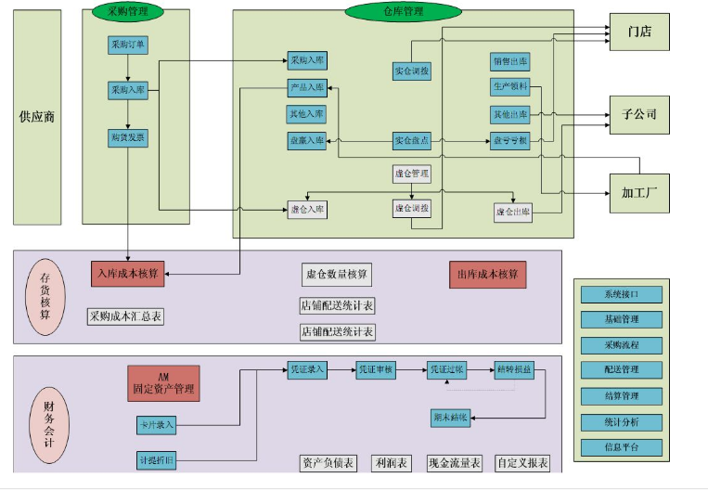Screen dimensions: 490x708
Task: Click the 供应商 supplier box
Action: click(37, 117)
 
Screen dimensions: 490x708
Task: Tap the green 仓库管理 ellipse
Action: click(403, 11)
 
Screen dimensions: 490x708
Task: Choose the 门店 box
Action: click(638, 32)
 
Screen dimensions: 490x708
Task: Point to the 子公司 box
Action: click(638, 114)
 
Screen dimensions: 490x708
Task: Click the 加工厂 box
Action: click(638, 193)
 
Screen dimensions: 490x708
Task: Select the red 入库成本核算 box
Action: click(128, 274)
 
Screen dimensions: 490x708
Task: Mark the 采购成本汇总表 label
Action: click(126, 316)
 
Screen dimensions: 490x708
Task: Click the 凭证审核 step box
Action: click(376, 369)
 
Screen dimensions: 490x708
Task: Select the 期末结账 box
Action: click(451, 417)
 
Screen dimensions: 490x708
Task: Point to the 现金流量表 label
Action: click(455, 462)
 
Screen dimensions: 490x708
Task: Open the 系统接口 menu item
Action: click(621, 294)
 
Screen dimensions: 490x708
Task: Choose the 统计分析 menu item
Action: click(621, 422)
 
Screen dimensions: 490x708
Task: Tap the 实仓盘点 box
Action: click(411, 141)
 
